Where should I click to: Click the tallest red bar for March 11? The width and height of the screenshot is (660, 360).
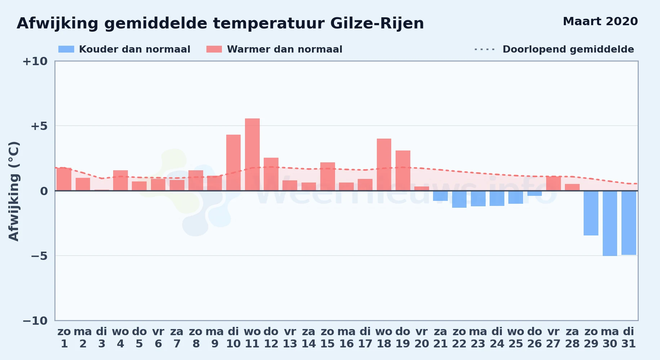252,154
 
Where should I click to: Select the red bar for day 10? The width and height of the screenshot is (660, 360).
233,163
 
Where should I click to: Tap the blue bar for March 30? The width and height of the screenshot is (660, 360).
610,223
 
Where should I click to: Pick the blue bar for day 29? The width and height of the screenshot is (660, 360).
591,213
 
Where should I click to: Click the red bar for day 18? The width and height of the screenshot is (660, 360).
384,165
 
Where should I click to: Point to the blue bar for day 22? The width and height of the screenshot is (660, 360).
459,199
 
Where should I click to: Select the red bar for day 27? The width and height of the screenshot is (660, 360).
553,184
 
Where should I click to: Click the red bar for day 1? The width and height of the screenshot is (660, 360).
64,179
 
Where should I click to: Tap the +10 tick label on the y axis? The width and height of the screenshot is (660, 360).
35,61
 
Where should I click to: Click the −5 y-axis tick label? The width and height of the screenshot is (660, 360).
39,256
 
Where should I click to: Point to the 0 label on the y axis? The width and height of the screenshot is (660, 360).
44,191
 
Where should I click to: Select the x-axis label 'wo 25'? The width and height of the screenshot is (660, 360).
516,338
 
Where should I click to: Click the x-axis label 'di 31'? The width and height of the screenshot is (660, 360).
629,338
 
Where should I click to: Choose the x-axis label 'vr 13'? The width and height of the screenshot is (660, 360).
290,338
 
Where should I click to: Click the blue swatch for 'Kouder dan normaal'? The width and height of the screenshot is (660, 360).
66,49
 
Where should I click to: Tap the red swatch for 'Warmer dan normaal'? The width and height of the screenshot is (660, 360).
214,49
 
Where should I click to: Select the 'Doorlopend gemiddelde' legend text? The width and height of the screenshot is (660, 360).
568,49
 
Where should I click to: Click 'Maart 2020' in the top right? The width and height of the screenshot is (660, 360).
600,21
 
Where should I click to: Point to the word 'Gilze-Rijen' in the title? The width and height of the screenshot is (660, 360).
377,24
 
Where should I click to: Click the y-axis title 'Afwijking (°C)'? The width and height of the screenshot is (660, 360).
14,191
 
